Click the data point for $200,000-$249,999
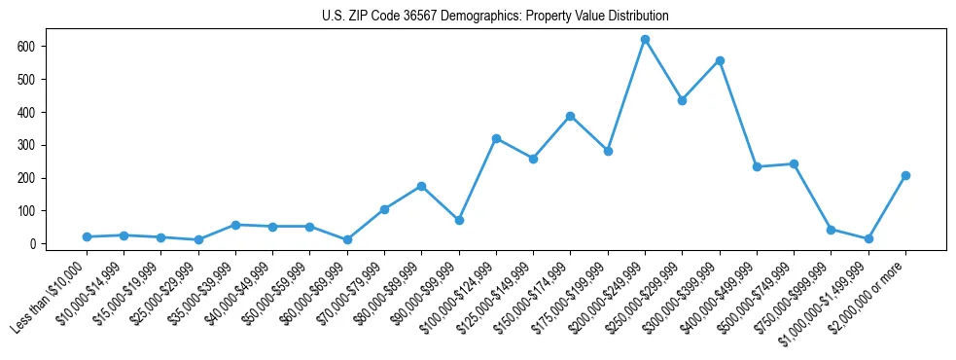click(x=645, y=39)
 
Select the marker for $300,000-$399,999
click(x=720, y=60)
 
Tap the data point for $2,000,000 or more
click(x=905, y=175)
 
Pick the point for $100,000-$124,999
click(x=496, y=138)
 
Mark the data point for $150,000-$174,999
click(x=570, y=116)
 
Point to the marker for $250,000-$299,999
click(x=682, y=100)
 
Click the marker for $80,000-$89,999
click(x=421, y=186)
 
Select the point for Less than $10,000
click(x=87, y=236)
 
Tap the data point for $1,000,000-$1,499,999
click(x=868, y=238)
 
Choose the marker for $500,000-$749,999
click(x=794, y=163)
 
